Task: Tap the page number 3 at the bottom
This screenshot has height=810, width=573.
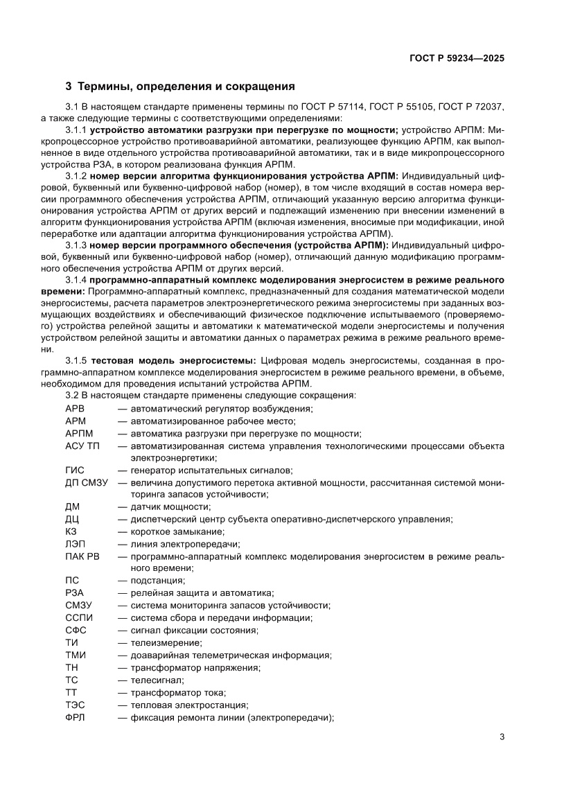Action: coord(502,737)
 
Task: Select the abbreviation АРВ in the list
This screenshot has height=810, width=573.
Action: coord(74,409)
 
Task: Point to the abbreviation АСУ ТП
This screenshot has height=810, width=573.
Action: coord(82,446)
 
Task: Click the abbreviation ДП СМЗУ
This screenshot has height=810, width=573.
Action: coord(86,482)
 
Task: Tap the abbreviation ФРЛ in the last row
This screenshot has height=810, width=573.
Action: coord(75,717)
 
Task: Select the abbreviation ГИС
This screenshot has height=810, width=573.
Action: coord(74,470)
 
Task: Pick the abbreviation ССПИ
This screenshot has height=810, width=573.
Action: coord(78,617)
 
